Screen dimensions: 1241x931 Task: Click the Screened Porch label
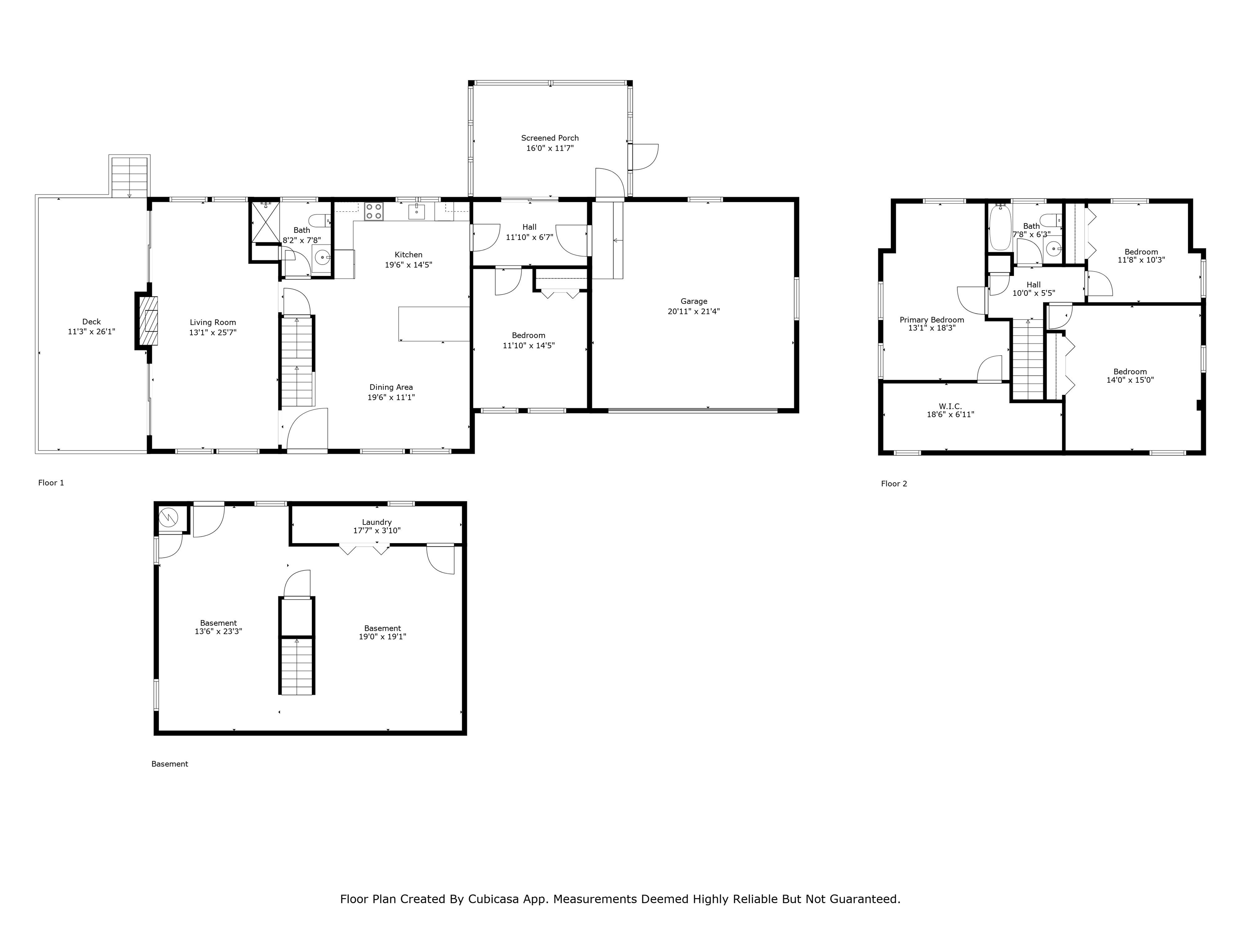[x=550, y=138]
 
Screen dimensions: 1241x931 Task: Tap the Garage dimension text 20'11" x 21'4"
[x=694, y=312]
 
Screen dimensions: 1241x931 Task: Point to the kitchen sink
[x=416, y=212]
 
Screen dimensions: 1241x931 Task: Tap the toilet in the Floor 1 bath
[x=320, y=221]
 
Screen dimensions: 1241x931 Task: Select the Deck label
[x=91, y=322]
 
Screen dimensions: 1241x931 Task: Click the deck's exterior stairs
[x=130, y=176]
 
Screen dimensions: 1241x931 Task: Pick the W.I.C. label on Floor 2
[x=951, y=406]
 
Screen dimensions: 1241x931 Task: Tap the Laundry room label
[x=377, y=522]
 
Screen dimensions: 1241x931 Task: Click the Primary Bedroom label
[x=932, y=320]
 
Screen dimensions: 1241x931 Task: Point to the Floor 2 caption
[x=894, y=484]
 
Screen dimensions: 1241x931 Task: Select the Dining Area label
[x=391, y=387]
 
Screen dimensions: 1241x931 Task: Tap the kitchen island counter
[x=434, y=324]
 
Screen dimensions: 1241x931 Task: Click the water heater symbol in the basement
[x=168, y=517]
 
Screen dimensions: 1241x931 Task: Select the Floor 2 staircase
[x=1027, y=359]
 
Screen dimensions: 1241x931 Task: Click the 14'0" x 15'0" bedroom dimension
[x=1130, y=380]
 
